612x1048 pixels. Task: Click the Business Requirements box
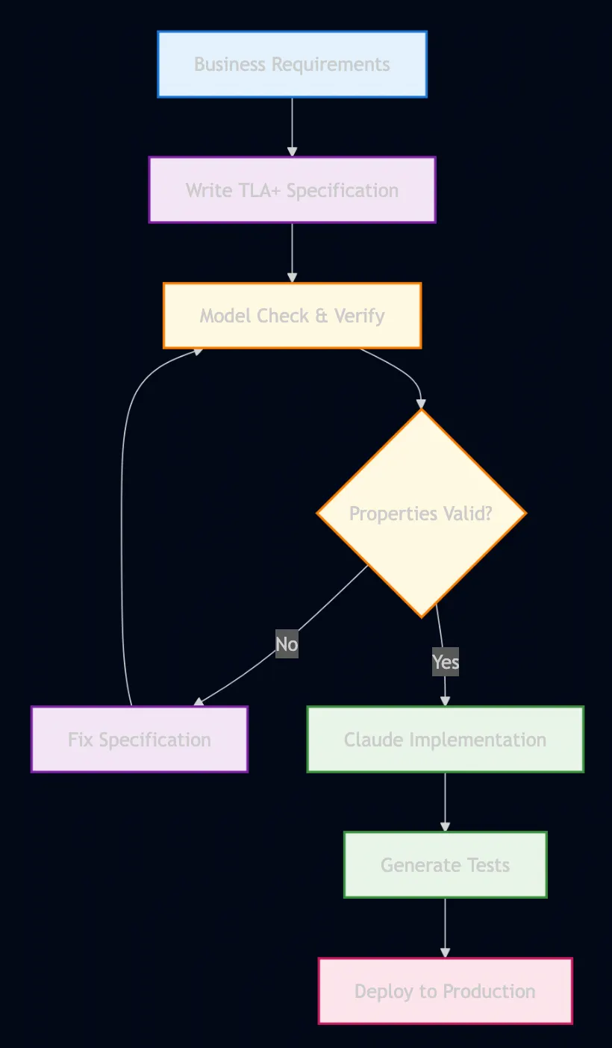[x=292, y=64]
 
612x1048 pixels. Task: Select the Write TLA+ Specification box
[x=292, y=190]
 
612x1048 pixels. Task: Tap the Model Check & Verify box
[x=292, y=315]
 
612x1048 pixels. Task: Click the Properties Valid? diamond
[x=421, y=514]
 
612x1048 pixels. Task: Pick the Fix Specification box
[x=139, y=739]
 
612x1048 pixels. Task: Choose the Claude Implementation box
[x=445, y=739]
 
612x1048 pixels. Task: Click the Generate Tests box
[x=445, y=864]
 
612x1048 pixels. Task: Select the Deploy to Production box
[x=445, y=991]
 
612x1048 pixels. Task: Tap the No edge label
[x=287, y=644]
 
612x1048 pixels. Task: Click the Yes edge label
[x=446, y=662]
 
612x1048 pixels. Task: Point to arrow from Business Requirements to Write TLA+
[x=292, y=126]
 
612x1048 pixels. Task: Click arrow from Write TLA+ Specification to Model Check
[x=292, y=252]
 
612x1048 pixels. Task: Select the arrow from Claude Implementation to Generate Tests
[x=445, y=802]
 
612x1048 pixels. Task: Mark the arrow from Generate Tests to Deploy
[x=445, y=927]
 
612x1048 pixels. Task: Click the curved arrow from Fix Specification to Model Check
[x=122, y=523]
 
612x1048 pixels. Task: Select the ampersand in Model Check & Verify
[x=322, y=316]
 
